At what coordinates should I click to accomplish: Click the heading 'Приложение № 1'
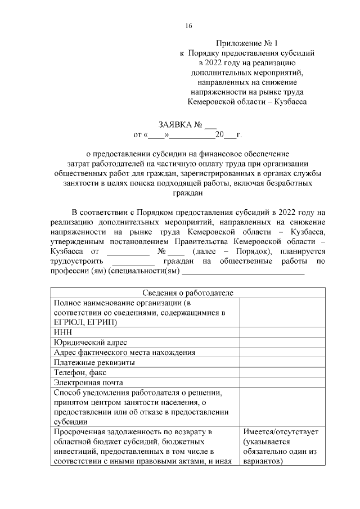point(247,43)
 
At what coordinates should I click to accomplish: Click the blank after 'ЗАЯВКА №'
point(210,125)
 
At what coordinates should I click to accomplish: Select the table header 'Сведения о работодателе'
point(187,292)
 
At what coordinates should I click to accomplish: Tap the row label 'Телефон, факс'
point(80,372)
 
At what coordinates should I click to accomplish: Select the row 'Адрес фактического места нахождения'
point(124,352)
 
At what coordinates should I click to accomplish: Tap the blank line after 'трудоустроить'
point(133,262)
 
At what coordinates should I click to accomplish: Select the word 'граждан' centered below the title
point(187,192)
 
